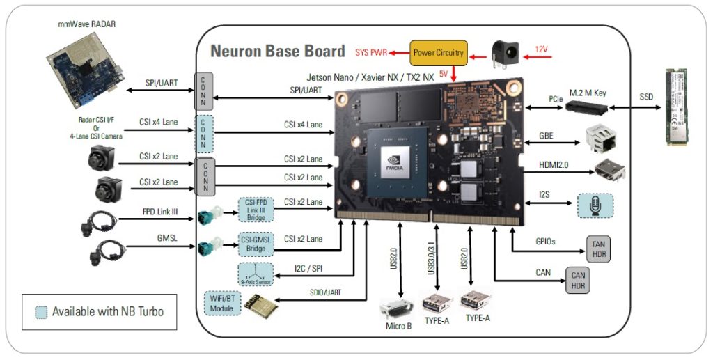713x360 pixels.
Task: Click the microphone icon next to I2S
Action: [x=595, y=205]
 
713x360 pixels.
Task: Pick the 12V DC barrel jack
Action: [x=505, y=52]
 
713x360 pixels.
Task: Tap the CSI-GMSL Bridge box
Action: [x=256, y=244]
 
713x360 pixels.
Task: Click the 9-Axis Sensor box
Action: [x=256, y=274]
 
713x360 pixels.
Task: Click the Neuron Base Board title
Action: [x=277, y=51]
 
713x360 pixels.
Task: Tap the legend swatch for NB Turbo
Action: [x=40, y=311]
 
